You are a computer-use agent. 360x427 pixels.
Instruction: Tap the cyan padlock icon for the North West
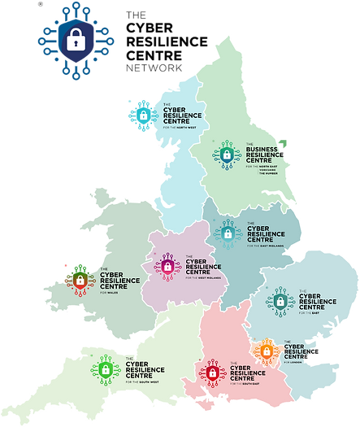142,114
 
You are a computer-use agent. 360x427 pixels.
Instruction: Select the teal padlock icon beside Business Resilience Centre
228,154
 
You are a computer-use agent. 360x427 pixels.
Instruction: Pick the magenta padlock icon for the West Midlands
167,265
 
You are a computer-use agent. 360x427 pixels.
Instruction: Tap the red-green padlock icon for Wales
80,281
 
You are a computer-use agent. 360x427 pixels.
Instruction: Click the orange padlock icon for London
265,351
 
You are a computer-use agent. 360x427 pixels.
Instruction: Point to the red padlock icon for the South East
212,373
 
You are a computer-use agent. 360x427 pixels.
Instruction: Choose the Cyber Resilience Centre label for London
296,351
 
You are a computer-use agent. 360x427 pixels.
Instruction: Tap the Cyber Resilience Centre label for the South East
247,373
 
